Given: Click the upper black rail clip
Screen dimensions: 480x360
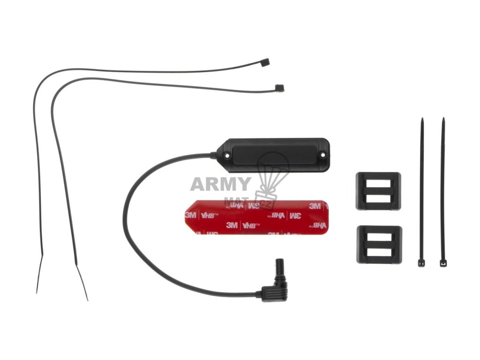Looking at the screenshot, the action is [378, 191].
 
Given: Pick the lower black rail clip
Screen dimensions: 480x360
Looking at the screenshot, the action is [379, 244].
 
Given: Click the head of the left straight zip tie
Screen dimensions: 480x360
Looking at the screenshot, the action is [421, 263].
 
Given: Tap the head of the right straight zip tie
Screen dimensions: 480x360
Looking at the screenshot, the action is [443, 263].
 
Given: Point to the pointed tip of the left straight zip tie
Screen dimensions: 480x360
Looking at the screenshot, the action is [422, 120].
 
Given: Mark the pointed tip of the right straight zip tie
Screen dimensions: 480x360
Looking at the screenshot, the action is [442, 119].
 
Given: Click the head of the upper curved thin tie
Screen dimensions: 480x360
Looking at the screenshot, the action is [265, 61].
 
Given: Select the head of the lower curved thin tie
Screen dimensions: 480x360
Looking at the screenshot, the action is [279, 87].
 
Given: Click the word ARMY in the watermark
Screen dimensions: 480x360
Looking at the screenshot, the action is [220, 184].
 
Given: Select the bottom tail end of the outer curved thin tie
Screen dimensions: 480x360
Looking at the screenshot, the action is [37, 292].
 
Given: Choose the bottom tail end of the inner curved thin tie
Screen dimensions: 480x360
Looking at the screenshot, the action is [87, 299].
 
